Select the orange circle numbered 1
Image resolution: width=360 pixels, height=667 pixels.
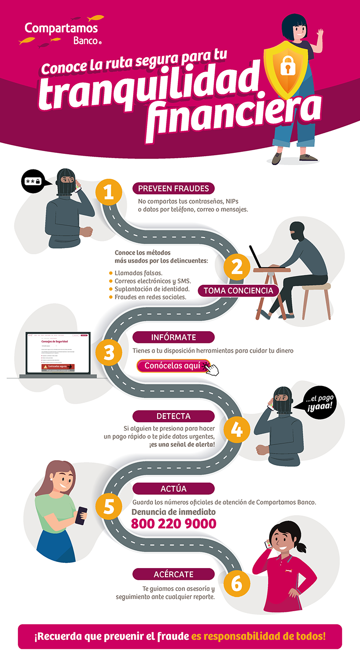click(x=109, y=192)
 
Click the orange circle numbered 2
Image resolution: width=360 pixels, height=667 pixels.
click(x=237, y=267)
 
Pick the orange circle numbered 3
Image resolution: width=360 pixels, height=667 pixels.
click(x=109, y=353)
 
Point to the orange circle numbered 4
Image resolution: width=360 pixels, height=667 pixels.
click(x=237, y=429)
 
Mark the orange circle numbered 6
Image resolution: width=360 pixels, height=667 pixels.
click(x=237, y=583)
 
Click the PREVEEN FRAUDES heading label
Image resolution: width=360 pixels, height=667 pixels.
click(x=173, y=189)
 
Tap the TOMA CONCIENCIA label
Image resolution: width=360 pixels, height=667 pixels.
click(x=238, y=290)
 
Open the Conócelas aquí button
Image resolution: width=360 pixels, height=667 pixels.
click(x=173, y=366)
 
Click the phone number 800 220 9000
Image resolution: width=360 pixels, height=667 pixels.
click(x=173, y=523)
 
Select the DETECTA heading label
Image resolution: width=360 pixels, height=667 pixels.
click(x=173, y=416)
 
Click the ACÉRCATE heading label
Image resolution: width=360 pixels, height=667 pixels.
click(x=173, y=574)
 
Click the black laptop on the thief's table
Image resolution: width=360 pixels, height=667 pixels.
click(x=261, y=258)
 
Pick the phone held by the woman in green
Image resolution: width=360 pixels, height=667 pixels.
click(x=82, y=515)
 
